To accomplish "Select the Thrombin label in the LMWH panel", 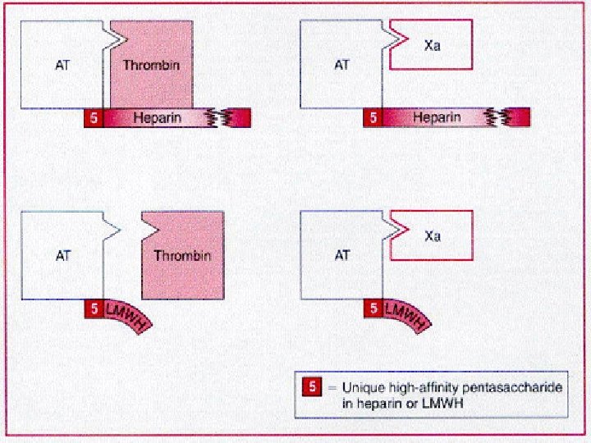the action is coord(182,255).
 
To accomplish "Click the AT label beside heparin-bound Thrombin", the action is coord(62,63).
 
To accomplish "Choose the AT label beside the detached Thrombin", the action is coord(62,255).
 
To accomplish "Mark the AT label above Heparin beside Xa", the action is coord(342,63).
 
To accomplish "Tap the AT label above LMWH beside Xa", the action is coord(342,255).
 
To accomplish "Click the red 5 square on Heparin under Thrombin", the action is coord(94,118).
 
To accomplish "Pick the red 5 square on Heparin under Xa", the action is coord(373,118).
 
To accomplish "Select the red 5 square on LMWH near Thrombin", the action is coord(94,309).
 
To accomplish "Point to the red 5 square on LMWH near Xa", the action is coord(373,309).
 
